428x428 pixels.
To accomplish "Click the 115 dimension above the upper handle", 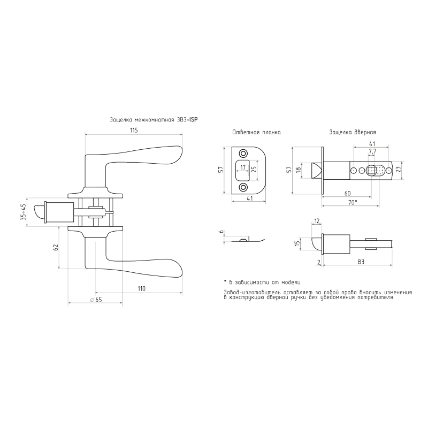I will coord(134,131).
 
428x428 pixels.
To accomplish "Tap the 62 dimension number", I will coord(55,247).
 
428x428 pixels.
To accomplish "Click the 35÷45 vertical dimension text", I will coord(24,213).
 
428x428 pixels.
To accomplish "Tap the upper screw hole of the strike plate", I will coord(244,152).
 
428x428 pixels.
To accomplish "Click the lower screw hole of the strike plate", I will coord(244,187).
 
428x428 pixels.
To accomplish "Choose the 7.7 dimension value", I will coord(372,151).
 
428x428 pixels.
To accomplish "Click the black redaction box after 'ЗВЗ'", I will coord(193,120).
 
